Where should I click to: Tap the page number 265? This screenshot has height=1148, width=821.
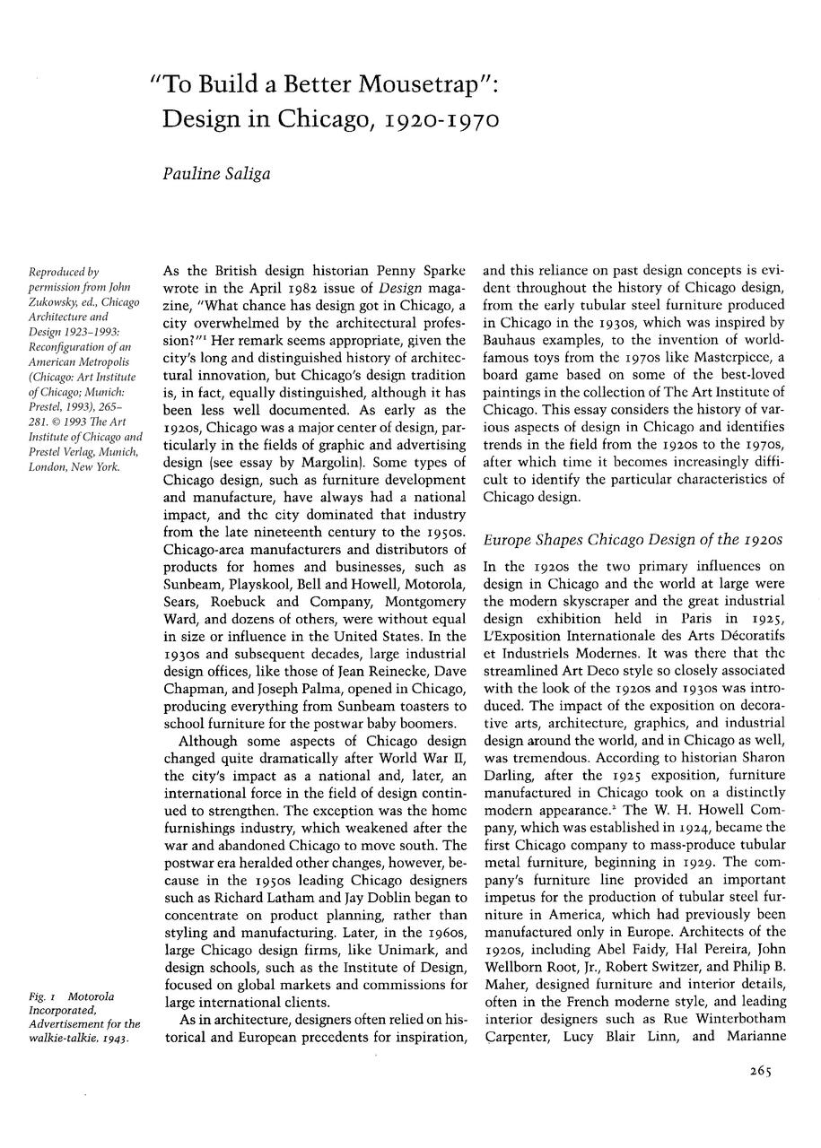[759, 1070]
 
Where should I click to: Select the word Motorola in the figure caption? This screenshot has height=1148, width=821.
[91, 996]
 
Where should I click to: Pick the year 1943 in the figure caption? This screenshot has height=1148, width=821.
[111, 1038]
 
